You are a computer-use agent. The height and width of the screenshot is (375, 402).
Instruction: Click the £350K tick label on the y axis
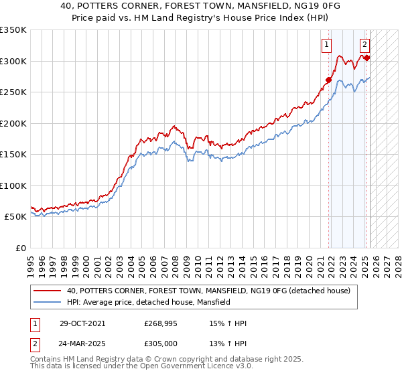pyautogui.click(x=13, y=30)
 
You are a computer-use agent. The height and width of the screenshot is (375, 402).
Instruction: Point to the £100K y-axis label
pyautogui.click(x=13, y=185)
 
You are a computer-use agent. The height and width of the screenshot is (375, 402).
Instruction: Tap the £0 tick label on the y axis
pyautogui.click(x=20, y=248)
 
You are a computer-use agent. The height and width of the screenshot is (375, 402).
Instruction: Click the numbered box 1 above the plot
pyautogui.click(x=326, y=46)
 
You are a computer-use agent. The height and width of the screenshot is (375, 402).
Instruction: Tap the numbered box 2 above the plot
pyautogui.click(x=364, y=46)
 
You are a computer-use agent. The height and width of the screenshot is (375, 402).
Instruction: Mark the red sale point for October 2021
pyautogui.click(x=329, y=80)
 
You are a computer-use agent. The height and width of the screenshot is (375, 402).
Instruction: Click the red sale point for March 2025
pyautogui.click(x=367, y=58)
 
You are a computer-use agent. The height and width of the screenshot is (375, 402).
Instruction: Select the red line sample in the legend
pyautogui.click(x=48, y=291)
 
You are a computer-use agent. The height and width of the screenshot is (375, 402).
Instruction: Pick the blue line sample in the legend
pyautogui.click(x=48, y=303)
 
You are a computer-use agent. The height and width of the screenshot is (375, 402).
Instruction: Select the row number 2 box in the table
pyautogui.click(x=33, y=343)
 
